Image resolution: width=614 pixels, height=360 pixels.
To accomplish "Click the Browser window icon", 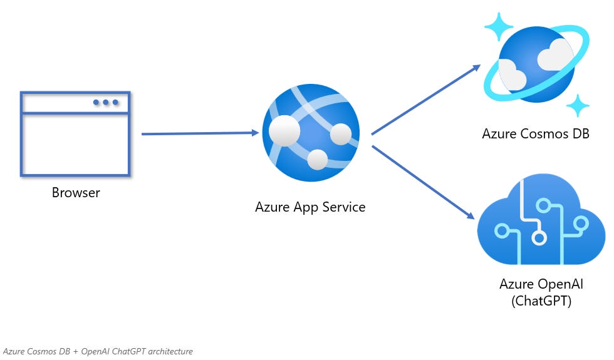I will click(x=75, y=134).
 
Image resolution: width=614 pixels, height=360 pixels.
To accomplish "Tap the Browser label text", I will click(x=75, y=192).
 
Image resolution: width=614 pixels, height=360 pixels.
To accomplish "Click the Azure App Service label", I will click(x=310, y=207).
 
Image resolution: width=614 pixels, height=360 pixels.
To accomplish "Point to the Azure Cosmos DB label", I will click(x=536, y=133).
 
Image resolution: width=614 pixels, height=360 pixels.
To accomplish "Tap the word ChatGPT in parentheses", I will click(x=541, y=301).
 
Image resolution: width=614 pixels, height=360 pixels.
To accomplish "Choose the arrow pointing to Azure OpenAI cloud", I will click(x=423, y=182).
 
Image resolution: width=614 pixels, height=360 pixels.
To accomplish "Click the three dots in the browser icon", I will click(x=105, y=102).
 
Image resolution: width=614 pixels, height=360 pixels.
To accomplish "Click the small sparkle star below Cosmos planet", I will click(x=577, y=105).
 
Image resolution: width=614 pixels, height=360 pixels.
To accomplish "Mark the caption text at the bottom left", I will click(x=98, y=351).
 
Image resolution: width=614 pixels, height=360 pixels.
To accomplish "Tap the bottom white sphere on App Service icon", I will click(x=318, y=160).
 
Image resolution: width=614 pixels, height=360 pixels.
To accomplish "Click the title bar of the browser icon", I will click(x=75, y=102).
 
